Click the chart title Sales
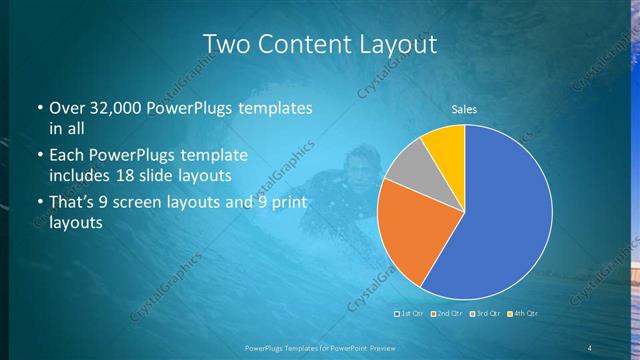pos(464,108)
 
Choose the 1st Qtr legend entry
pos(412,313)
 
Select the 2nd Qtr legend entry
pos(447,313)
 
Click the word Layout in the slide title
pos(395,44)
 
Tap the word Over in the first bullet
pos(68,108)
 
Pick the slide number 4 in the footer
pos(590,347)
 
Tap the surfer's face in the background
pos(357,166)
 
